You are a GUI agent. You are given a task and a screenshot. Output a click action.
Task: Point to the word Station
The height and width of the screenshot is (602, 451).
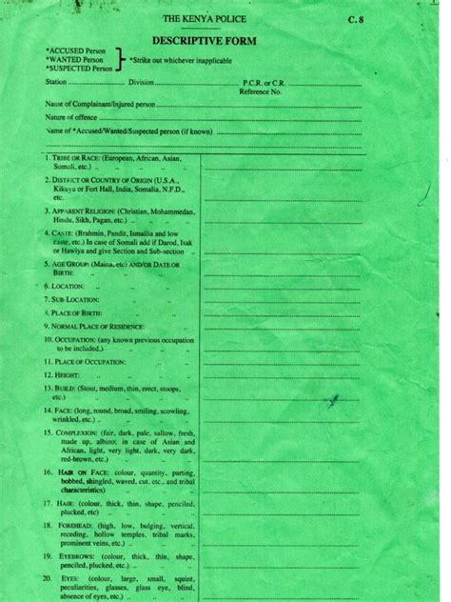click(58, 83)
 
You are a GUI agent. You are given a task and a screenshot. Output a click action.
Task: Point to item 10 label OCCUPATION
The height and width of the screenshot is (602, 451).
click(74, 338)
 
